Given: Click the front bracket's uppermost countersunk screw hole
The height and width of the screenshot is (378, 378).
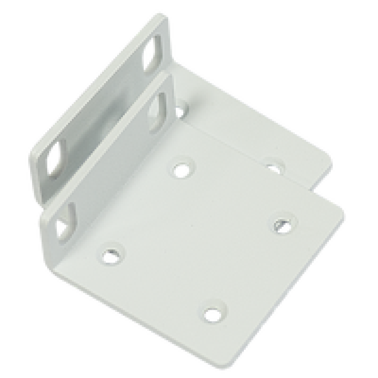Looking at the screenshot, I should (x=182, y=167).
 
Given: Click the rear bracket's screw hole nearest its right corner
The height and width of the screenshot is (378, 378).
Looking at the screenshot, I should (x=273, y=168).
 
